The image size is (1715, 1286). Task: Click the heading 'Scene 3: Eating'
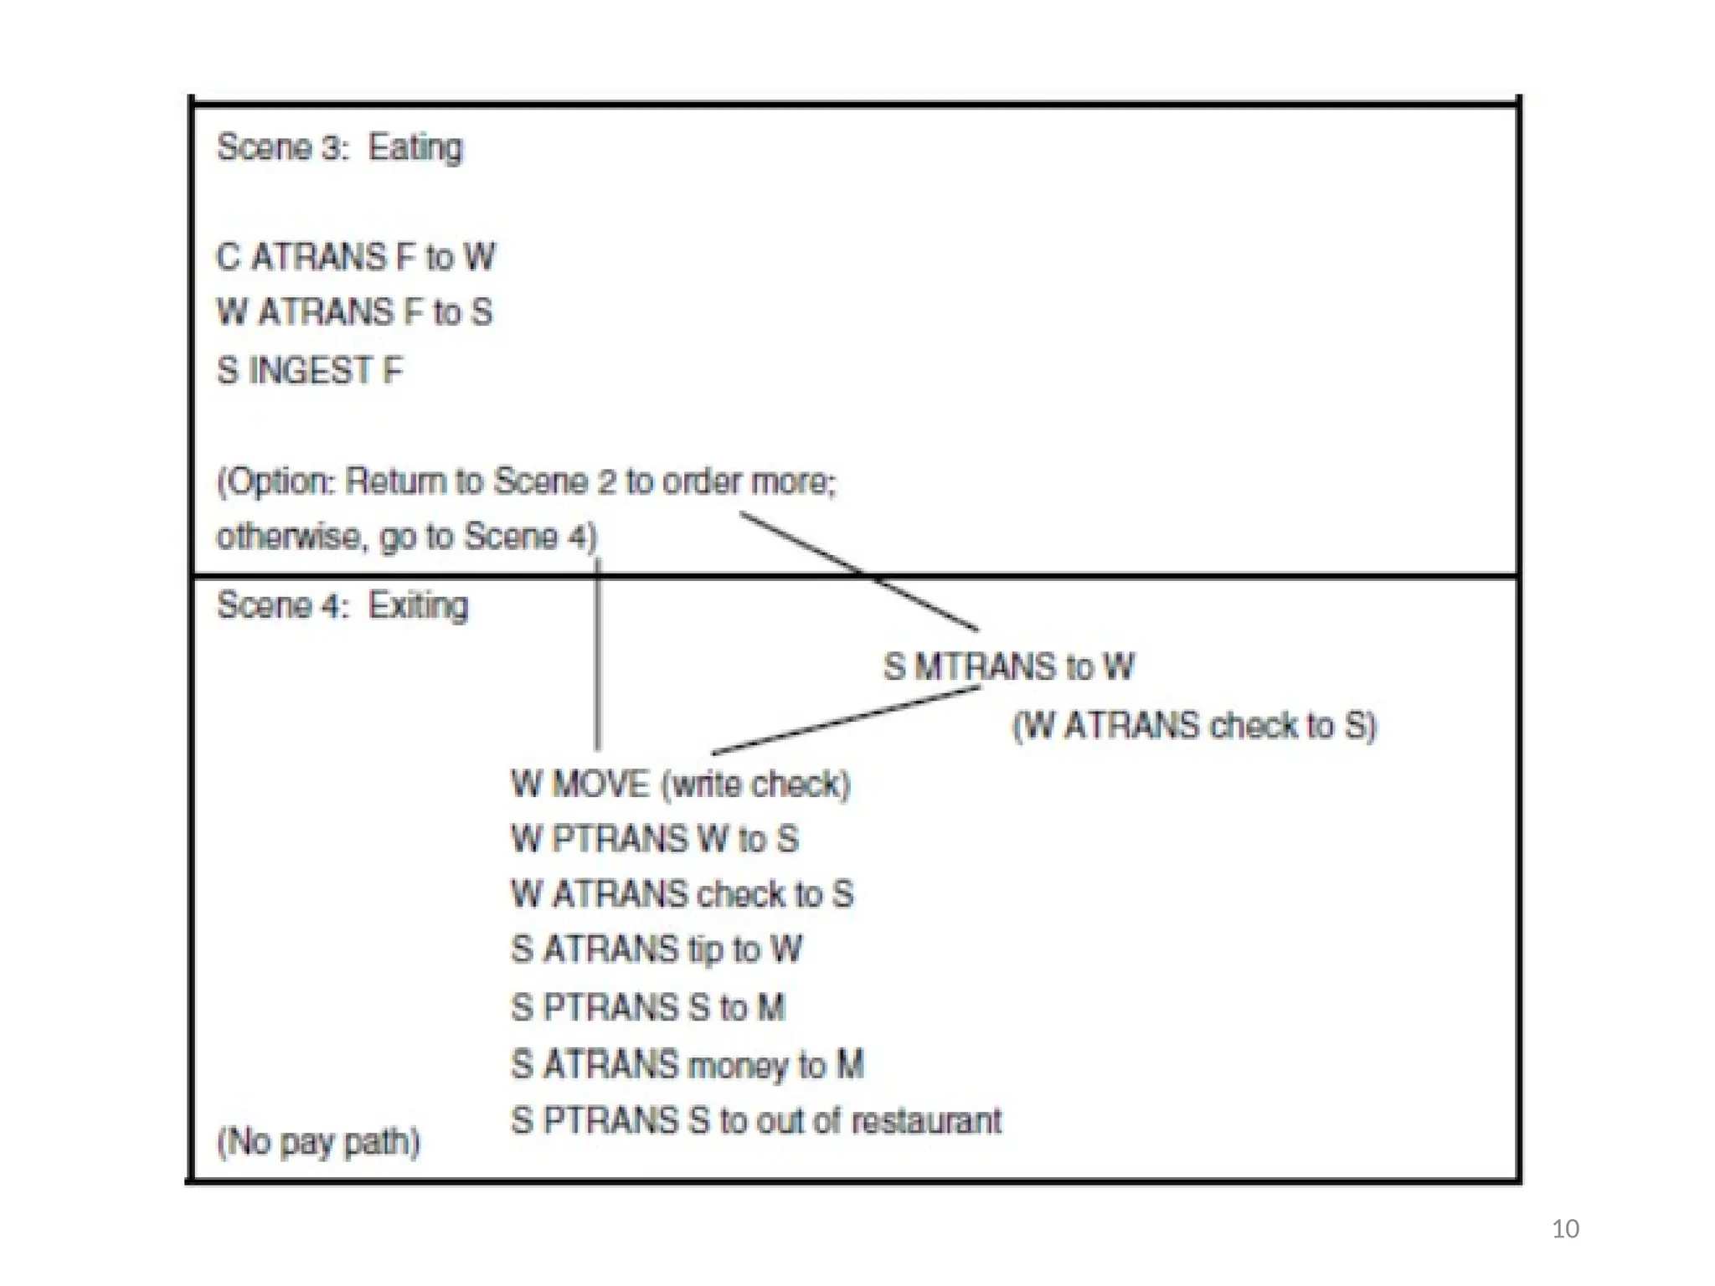point(339,147)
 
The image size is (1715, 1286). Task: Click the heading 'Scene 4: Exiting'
point(342,605)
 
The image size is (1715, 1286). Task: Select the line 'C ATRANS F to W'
point(356,257)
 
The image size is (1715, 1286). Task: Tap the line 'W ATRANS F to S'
point(354,312)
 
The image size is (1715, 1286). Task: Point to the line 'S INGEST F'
point(310,370)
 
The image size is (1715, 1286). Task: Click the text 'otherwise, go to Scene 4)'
point(407,537)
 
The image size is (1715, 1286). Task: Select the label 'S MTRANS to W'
point(1008,667)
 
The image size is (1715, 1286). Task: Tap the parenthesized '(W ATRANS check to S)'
point(1194,725)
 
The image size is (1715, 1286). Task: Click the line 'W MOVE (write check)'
point(680,784)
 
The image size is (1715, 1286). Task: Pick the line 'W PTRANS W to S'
point(655,839)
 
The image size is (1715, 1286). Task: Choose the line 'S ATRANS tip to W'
point(657,949)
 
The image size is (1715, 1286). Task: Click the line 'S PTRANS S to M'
point(648,1007)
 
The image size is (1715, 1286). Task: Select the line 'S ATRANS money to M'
point(687,1065)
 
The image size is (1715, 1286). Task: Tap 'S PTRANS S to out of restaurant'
point(755,1121)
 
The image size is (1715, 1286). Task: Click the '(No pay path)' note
point(318,1142)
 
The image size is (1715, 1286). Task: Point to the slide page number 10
point(1564,1228)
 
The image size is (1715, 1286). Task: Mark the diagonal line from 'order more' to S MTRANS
point(858,571)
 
